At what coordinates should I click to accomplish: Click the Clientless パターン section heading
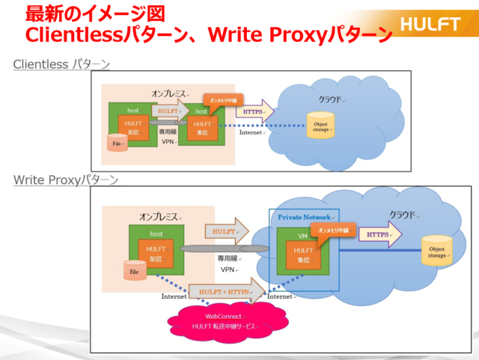click(61, 65)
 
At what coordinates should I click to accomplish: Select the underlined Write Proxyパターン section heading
click(66, 180)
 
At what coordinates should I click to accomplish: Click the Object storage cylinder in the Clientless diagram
click(320, 124)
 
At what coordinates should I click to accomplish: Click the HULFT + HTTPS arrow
click(228, 290)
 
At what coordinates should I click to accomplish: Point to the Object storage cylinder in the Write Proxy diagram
click(436, 251)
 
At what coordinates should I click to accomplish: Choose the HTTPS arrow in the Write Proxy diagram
click(380, 234)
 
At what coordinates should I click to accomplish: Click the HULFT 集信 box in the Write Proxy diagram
click(303, 254)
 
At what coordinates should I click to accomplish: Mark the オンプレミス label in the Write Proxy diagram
click(159, 216)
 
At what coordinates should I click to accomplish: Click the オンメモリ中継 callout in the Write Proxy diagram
click(330, 231)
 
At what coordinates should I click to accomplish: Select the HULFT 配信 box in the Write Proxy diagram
click(156, 253)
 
